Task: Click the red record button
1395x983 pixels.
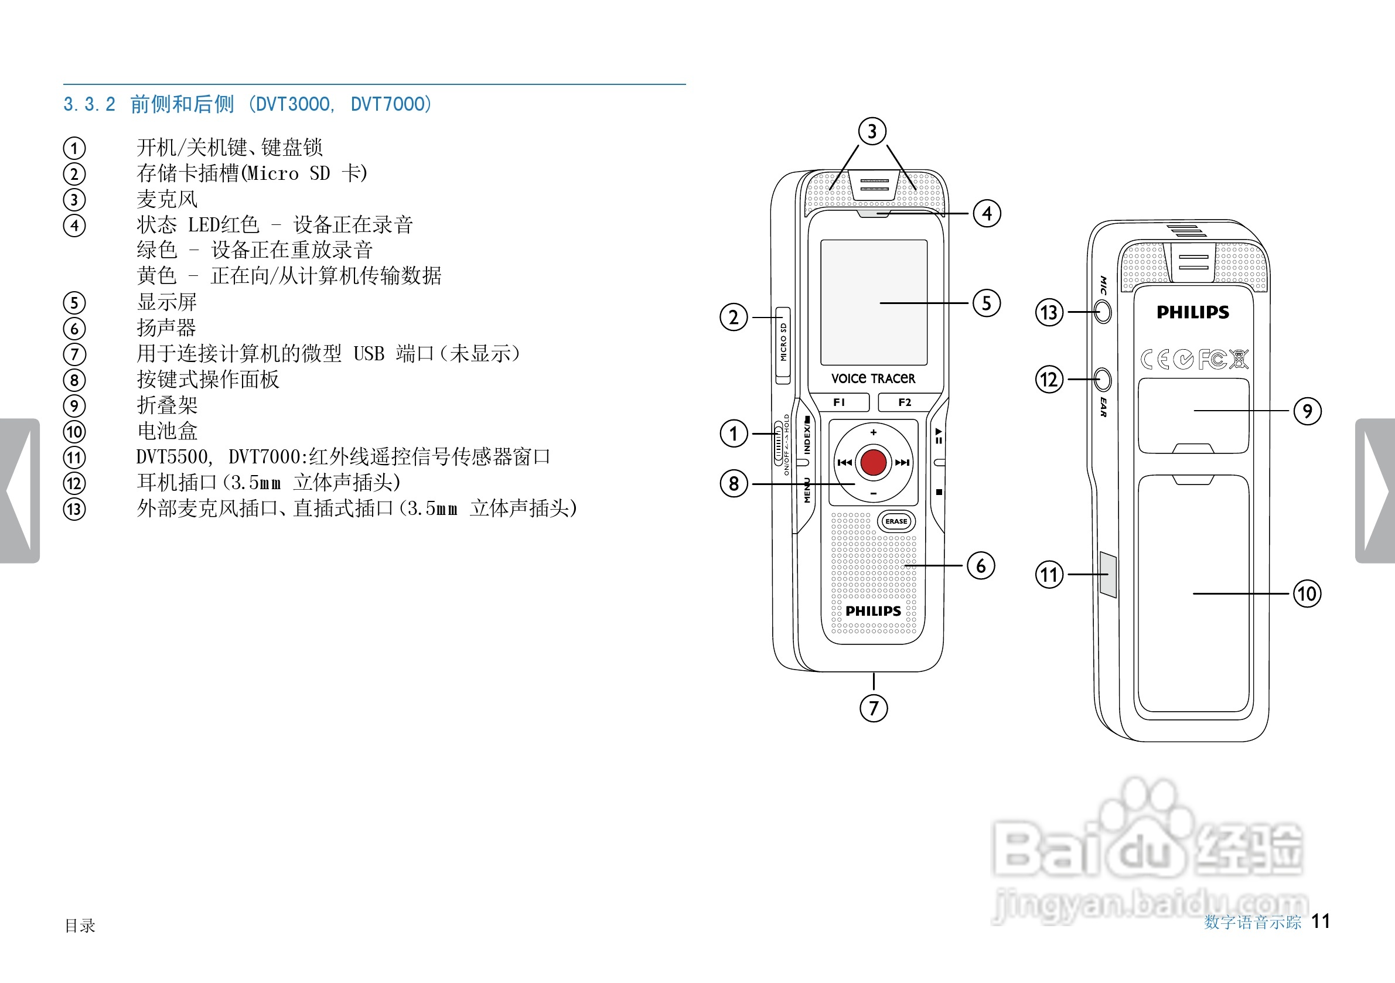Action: (x=873, y=462)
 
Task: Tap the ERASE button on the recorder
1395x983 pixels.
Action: (x=896, y=521)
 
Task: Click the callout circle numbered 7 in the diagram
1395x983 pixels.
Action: (x=874, y=708)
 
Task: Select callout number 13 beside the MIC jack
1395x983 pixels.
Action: (x=1049, y=312)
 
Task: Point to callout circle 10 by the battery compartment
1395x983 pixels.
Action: (x=1307, y=593)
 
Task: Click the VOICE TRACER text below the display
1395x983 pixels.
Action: (x=873, y=378)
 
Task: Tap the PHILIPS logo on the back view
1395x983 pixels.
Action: (x=1193, y=312)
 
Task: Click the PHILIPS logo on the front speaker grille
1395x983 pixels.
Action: (x=873, y=611)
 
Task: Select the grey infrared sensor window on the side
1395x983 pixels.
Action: (x=1107, y=574)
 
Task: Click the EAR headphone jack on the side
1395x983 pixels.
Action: (x=1103, y=380)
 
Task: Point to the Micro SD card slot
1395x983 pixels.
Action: (x=783, y=345)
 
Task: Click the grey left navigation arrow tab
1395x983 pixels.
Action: (x=19, y=490)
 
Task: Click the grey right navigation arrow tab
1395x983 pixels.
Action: (x=1375, y=490)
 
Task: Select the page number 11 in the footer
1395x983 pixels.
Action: (x=1320, y=921)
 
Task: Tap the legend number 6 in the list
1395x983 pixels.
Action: (x=74, y=329)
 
